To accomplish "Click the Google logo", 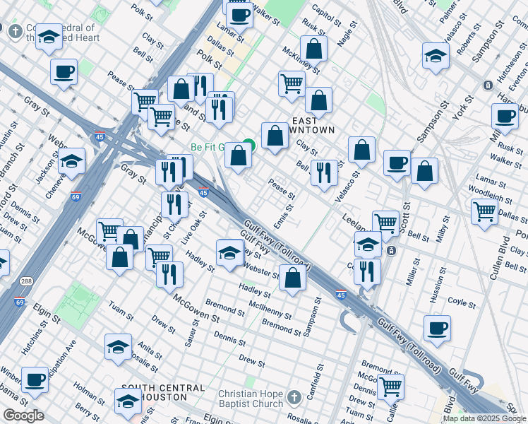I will pyautogui.click(x=23, y=416).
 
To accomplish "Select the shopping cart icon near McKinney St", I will pyautogui.click(x=292, y=83).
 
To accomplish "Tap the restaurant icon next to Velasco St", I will pyautogui.click(x=324, y=173).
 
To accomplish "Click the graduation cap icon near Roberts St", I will pyautogui.click(x=436, y=56).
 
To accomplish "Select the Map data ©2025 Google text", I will pyautogui.click(x=484, y=418).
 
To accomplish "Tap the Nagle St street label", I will pyautogui.click(x=344, y=33).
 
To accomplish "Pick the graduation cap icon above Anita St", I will pyautogui.click(x=118, y=346).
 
